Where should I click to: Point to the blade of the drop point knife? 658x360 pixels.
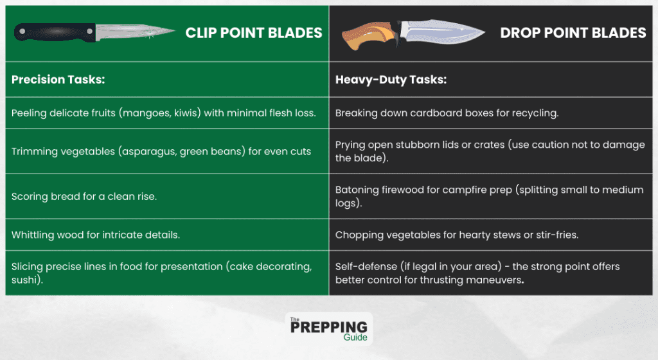tap(443, 32)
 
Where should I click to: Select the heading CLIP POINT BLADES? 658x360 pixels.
tap(254, 33)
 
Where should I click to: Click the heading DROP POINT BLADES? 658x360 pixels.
tap(573, 33)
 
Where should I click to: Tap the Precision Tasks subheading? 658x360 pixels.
tap(58, 80)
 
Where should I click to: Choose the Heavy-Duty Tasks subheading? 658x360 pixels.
tap(391, 80)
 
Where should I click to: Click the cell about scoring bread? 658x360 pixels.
tap(84, 197)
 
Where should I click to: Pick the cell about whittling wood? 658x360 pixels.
tap(96, 235)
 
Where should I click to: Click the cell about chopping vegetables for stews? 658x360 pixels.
tap(457, 235)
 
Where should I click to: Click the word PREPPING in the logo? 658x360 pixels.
tap(329, 327)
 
